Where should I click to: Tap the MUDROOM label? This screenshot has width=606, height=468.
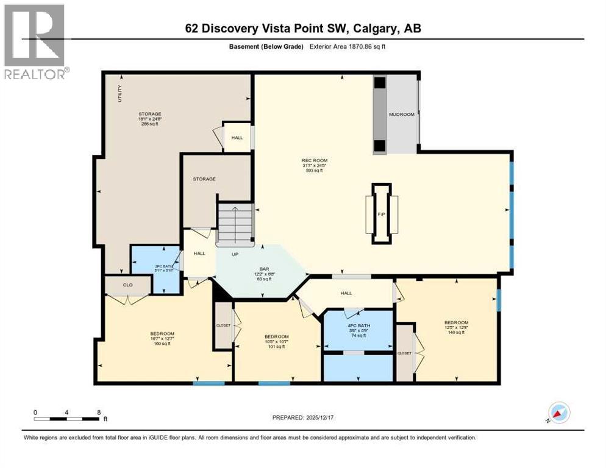[402, 115]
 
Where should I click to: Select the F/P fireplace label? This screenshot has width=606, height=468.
[382, 214]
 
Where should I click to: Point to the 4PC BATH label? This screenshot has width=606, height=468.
[358, 325]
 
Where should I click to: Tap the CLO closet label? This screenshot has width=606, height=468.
[127, 284]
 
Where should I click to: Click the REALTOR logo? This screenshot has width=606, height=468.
[34, 42]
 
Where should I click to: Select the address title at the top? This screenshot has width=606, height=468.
[303, 28]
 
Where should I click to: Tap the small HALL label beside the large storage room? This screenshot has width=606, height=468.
[237, 138]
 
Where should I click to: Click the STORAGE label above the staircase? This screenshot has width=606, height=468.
[204, 179]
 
